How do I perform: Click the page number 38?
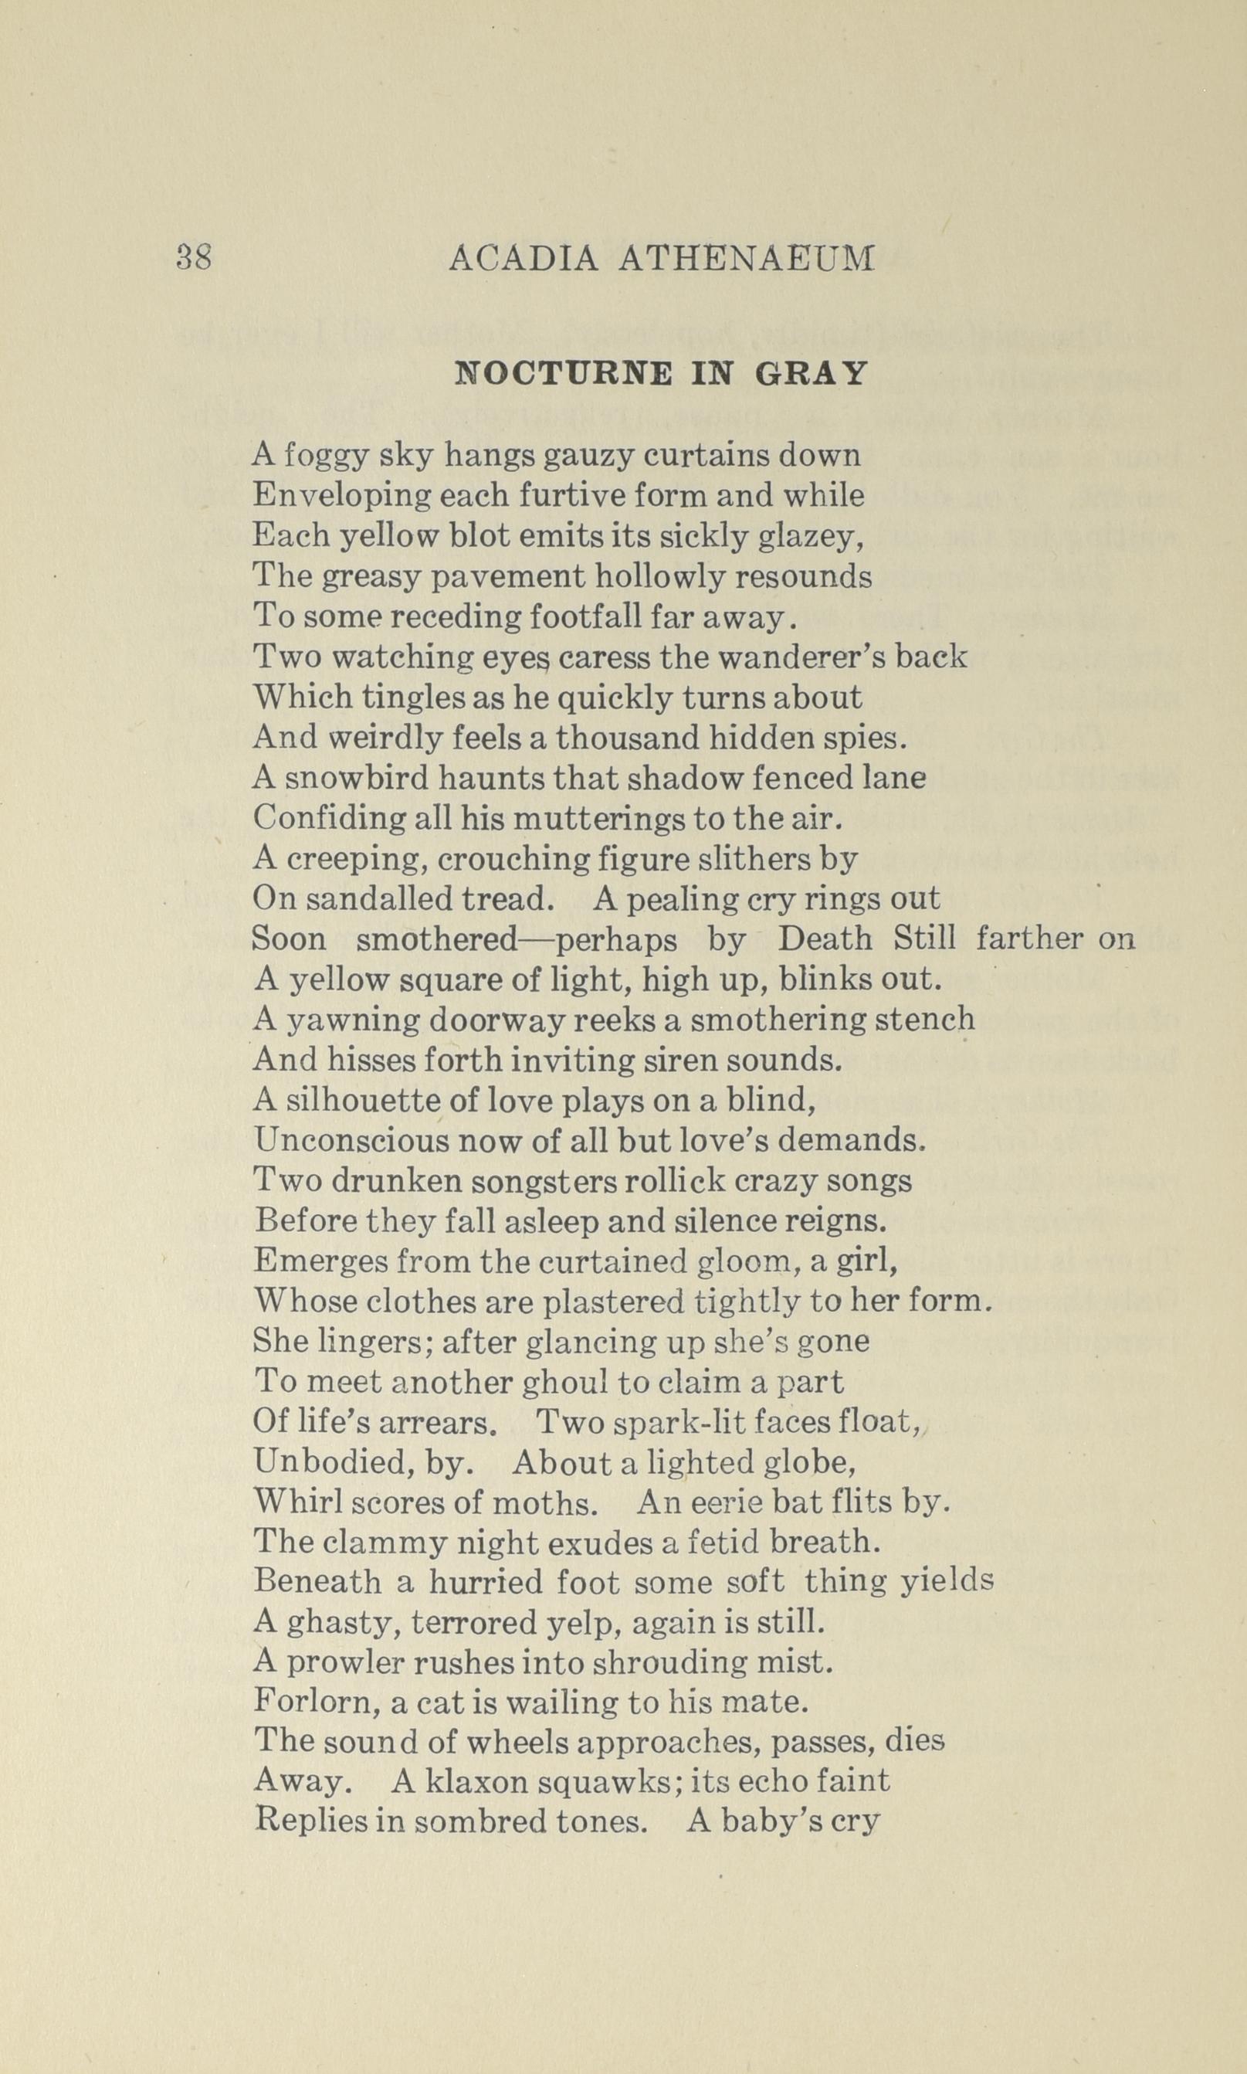coord(194,257)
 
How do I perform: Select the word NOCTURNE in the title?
coord(563,373)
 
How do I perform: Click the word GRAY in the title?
coord(811,373)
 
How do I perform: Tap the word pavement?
coord(467,577)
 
